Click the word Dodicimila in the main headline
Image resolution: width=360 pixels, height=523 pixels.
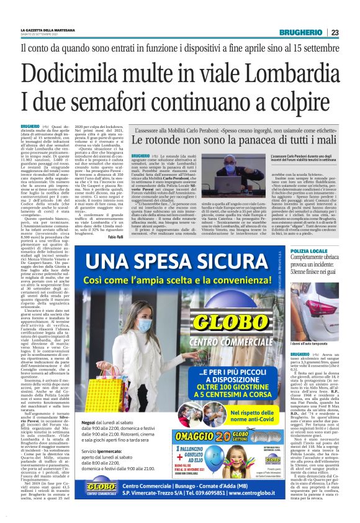tap(79, 70)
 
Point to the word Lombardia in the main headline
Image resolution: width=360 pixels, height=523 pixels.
tap(286, 70)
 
